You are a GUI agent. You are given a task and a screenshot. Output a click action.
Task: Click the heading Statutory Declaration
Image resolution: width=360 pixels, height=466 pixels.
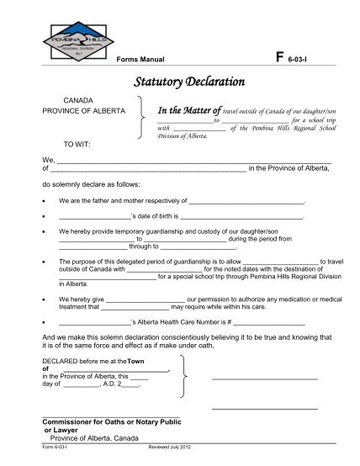[189, 82]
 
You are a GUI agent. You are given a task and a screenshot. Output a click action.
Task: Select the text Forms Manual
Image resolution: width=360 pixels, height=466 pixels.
[140, 61]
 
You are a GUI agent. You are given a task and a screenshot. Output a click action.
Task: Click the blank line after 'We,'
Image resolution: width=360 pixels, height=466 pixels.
[193, 161]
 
